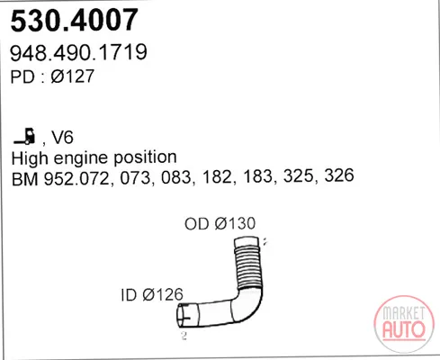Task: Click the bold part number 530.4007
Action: (x=74, y=20)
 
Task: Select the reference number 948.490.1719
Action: (x=78, y=52)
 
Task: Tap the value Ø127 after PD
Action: (x=72, y=76)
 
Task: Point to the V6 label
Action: (x=62, y=138)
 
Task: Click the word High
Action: (x=30, y=158)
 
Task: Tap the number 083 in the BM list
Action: (x=176, y=177)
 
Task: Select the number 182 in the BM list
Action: (x=218, y=176)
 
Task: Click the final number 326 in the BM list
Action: (x=339, y=175)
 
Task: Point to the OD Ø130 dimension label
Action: (x=220, y=223)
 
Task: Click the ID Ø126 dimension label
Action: (x=152, y=295)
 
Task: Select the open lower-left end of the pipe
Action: (x=184, y=315)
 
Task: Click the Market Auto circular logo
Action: (x=404, y=324)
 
